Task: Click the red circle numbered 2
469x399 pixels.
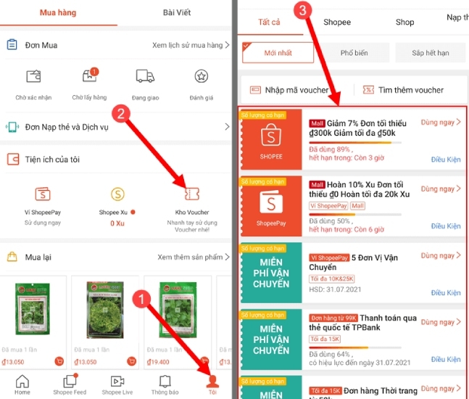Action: (x=123, y=112)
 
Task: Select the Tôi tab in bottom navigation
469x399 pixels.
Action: (x=212, y=384)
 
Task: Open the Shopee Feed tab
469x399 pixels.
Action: (x=70, y=384)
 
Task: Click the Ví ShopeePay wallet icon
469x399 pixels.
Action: (x=43, y=194)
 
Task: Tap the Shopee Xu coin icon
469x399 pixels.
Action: (x=117, y=194)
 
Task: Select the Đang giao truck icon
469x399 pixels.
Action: (x=145, y=77)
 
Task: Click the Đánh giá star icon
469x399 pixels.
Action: (x=202, y=77)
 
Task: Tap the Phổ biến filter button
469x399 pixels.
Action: (x=353, y=53)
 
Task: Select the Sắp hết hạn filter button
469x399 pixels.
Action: (x=430, y=53)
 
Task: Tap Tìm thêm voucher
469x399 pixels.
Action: (x=410, y=90)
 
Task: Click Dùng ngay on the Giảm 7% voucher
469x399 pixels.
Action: (x=440, y=123)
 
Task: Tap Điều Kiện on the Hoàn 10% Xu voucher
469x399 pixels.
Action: (x=446, y=226)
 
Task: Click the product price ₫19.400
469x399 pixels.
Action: (x=159, y=361)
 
